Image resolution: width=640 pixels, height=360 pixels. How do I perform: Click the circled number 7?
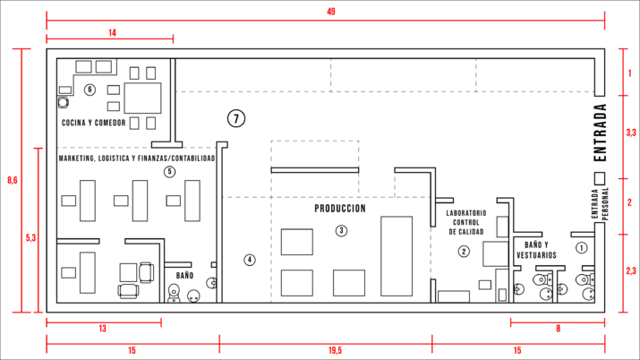click(x=236, y=119)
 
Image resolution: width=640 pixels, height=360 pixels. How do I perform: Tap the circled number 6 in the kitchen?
click(x=90, y=90)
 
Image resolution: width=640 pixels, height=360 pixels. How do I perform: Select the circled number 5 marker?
click(x=169, y=172)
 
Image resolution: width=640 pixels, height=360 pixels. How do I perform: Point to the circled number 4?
click(x=250, y=260)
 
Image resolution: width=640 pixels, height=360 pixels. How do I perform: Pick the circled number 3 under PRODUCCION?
click(x=341, y=231)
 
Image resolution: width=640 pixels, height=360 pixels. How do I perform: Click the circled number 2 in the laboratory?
click(x=464, y=251)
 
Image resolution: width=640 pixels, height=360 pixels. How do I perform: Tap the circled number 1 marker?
click(x=581, y=247)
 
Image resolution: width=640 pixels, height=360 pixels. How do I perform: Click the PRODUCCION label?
click(x=340, y=209)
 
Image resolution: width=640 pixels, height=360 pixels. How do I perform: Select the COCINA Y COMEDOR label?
click(x=93, y=123)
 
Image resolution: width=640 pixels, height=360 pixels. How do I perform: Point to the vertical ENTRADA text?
click(x=600, y=133)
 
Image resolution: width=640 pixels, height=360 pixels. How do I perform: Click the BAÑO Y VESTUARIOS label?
click(x=536, y=250)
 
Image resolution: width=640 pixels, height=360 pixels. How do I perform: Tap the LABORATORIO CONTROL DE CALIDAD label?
click(x=466, y=222)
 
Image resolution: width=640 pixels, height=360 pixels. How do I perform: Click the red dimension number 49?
click(x=331, y=12)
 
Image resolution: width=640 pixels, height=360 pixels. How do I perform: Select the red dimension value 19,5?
click(x=335, y=351)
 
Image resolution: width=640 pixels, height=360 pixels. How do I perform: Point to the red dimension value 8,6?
click(x=13, y=180)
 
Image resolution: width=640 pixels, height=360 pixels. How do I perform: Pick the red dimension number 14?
click(x=112, y=32)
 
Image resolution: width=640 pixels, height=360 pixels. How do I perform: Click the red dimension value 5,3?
click(x=31, y=237)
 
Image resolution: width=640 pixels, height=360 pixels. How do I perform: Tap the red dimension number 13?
click(x=102, y=329)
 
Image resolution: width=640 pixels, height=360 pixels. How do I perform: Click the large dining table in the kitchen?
click(x=142, y=98)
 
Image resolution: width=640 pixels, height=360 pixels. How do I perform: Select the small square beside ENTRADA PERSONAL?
click(x=600, y=178)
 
